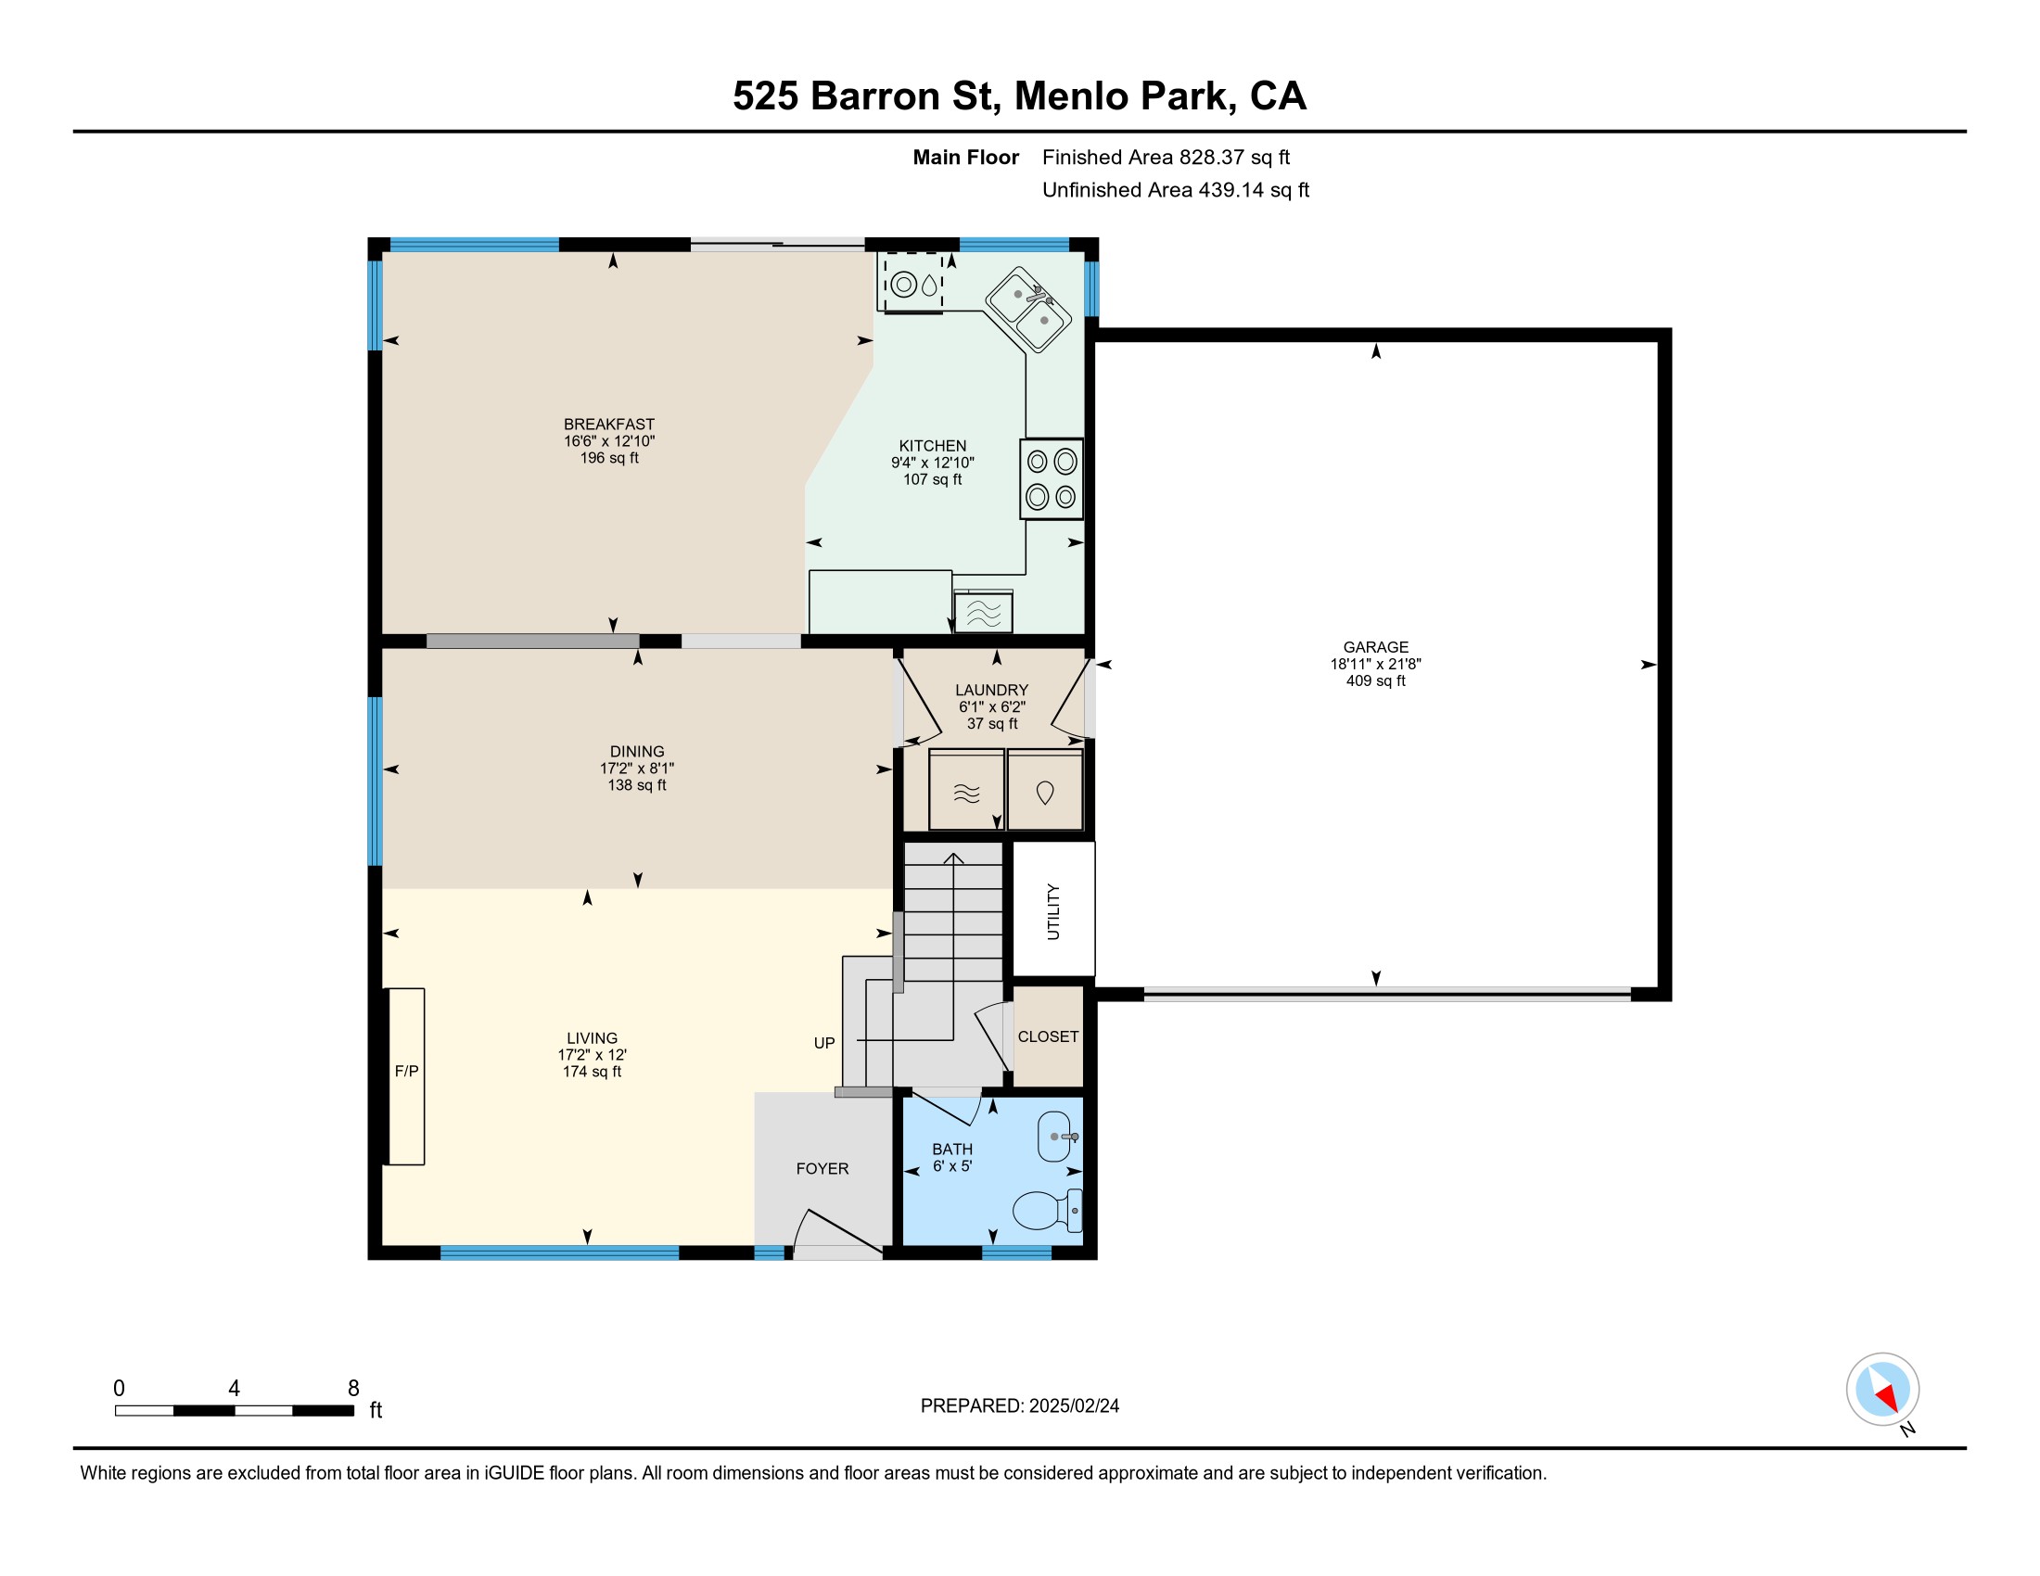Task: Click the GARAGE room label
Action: point(1375,647)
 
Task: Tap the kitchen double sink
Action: point(1028,310)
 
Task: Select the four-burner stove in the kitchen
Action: point(1052,479)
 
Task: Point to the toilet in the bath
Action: point(1047,1210)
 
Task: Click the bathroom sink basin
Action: point(1055,1137)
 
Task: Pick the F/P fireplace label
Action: point(406,1071)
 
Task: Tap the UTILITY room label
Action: point(1052,911)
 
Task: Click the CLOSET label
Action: point(1048,1036)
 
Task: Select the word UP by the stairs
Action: point(823,1043)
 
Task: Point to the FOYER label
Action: point(822,1168)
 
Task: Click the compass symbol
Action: point(1882,1390)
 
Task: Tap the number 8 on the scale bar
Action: point(353,1389)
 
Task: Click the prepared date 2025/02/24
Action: point(1073,1406)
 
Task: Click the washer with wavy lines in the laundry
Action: point(967,790)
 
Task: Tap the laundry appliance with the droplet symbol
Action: point(1045,790)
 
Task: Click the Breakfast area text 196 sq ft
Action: point(609,457)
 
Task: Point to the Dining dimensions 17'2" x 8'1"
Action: point(637,768)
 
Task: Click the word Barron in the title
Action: point(875,95)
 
